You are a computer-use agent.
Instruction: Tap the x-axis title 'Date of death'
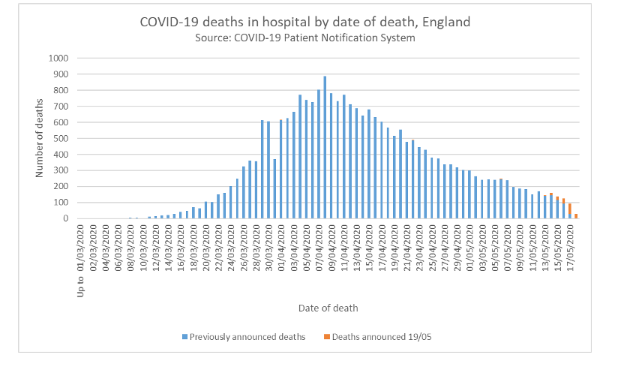pos(328,308)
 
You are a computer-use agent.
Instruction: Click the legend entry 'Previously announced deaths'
pos(243,336)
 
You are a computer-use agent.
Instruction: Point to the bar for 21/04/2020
pos(406,180)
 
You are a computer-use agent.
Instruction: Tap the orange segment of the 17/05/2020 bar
pos(570,209)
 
